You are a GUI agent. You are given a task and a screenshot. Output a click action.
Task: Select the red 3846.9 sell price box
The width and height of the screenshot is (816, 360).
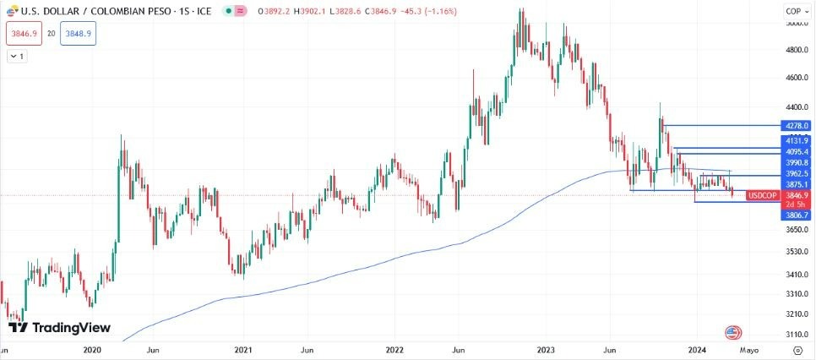(x=22, y=35)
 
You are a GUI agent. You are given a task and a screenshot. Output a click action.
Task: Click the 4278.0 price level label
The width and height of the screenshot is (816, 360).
(x=797, y=125)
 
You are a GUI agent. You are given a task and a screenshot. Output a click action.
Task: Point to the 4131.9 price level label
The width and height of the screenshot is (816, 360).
(x=797, y=140)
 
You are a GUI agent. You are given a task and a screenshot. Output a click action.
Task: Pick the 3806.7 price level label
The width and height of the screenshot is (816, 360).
(x=797, y=215)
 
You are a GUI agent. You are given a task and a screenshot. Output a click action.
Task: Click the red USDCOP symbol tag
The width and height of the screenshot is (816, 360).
(x=763, y=195)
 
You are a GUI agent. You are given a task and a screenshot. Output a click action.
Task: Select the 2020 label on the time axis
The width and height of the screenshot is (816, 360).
(x=92, y=349)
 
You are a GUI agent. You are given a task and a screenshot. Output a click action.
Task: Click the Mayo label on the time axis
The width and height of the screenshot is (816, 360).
(x=749, y=349)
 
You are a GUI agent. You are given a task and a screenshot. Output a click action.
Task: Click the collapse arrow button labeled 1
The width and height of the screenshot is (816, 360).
(x=17, y=56)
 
